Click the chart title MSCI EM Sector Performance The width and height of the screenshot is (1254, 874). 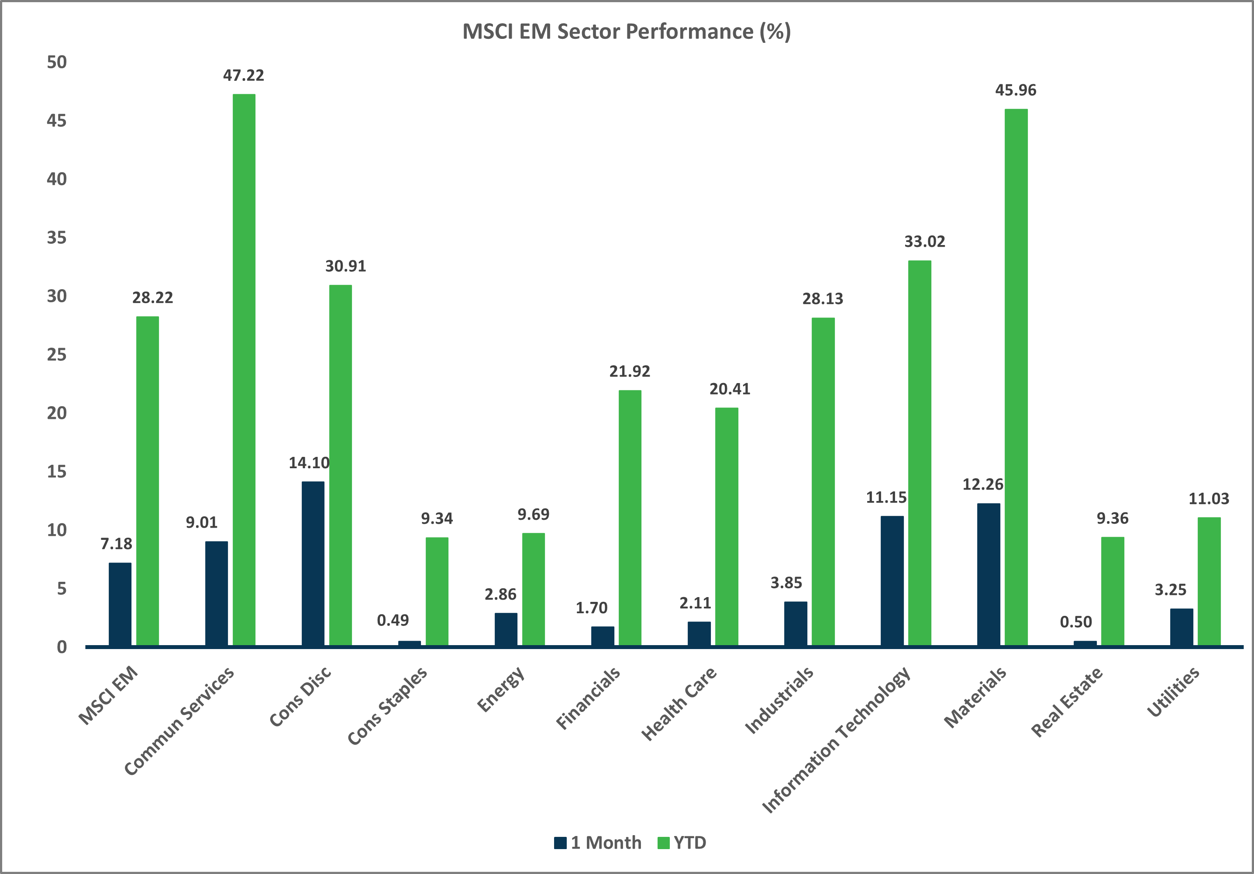click(x=627, y=32)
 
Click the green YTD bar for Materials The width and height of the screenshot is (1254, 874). click(x=1016, y=377)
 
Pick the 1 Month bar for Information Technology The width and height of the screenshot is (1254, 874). click(x=892, y=580)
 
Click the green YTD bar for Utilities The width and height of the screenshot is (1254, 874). click(x=1209, y=581)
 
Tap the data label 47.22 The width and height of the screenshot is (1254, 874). click(x=244, y=76)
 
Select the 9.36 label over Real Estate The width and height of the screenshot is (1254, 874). click(x=1113, y=518)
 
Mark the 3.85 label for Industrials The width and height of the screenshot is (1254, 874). click(x=786, y=583)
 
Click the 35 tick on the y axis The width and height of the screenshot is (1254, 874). click(x=57, y=238)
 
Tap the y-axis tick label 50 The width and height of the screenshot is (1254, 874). click(x=57, y=62)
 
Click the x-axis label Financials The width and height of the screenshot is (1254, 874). click(x=588, y=698)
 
